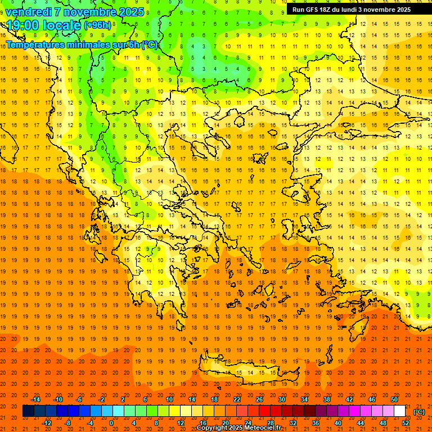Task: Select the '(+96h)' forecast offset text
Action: point(97,25)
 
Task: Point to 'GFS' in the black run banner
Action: point(316,10)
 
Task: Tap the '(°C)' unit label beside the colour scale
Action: point(418,412)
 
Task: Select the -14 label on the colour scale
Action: point(35,399)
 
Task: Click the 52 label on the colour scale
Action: point(406,422)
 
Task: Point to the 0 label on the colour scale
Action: point(111,422)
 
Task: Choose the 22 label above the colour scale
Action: point(237,399)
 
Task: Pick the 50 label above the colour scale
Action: point(394,399)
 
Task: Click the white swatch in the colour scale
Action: point(399,411)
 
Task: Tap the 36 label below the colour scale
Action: point(315,422)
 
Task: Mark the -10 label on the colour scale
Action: point(57,399)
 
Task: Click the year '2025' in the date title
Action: point(127,12)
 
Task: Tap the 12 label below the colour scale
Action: point(181,422)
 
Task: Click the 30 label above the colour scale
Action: point(282,399)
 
